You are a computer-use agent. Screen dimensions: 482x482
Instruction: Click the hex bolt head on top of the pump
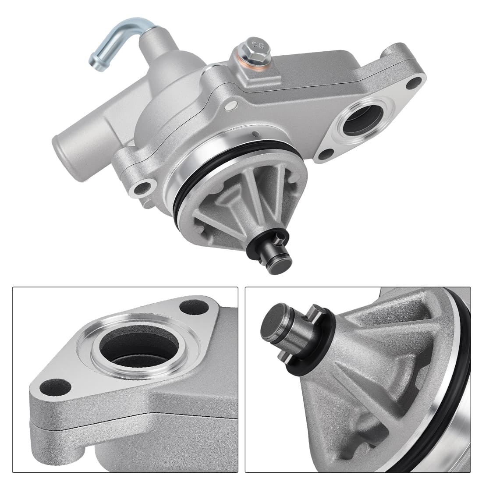tap(257, 45)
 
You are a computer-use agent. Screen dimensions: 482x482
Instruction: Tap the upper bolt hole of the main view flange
tap(414, 82)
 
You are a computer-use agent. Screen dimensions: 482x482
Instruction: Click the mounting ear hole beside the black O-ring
tap(143, 189)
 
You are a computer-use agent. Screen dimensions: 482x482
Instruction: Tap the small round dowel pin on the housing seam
tap(231, 106)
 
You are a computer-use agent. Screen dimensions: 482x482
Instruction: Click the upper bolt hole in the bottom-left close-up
tap(193, 307)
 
